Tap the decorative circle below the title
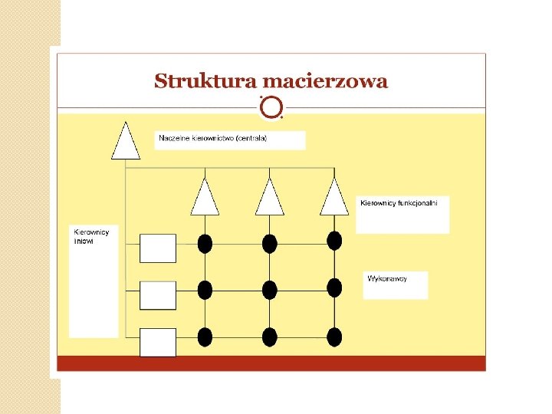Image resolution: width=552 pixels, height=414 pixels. [271, 108]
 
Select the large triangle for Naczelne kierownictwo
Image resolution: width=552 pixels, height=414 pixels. [126, 141]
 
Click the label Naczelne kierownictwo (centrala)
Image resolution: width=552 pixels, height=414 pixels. [212, 140]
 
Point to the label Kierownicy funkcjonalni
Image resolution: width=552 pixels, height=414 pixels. [399, 203]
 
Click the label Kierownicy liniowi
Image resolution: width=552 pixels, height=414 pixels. [91, 236]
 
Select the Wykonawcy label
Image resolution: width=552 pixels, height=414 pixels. [387, 278]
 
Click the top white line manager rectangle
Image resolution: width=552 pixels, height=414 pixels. [158, 248]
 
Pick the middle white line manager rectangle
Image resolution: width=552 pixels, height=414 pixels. [158, 295]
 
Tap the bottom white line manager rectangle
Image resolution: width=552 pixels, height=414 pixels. [158, 342]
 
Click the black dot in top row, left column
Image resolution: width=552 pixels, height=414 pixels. [205, 244]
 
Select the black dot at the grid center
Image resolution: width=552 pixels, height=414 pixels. [269, 290]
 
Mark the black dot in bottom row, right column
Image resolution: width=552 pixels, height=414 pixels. [334, 337]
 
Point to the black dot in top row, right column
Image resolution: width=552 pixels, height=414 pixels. [334, 241]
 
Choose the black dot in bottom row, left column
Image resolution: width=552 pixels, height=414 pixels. [205, 337]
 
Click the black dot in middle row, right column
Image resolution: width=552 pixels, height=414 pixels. [334, 288]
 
